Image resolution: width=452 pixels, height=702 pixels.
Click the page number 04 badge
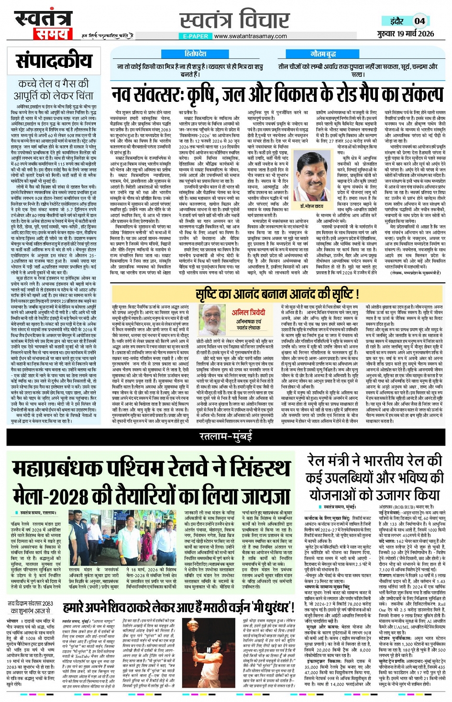(x=419, y=21)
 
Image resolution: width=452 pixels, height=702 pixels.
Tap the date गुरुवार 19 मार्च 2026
(x=405, y=33)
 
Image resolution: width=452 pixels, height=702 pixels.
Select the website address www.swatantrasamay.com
(x=250, y=36)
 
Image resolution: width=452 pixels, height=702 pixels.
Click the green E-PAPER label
(x=196, y=36)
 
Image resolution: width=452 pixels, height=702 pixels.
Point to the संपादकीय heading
(x=54, y=61)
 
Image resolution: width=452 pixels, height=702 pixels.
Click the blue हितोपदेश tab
(x=196, y=54)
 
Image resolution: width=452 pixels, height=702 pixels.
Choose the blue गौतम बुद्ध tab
(x=323, y=54)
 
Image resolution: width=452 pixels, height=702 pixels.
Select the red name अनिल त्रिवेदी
(x=248, y=312)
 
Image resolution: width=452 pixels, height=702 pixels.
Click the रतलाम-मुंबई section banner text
(x=226, y=436)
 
